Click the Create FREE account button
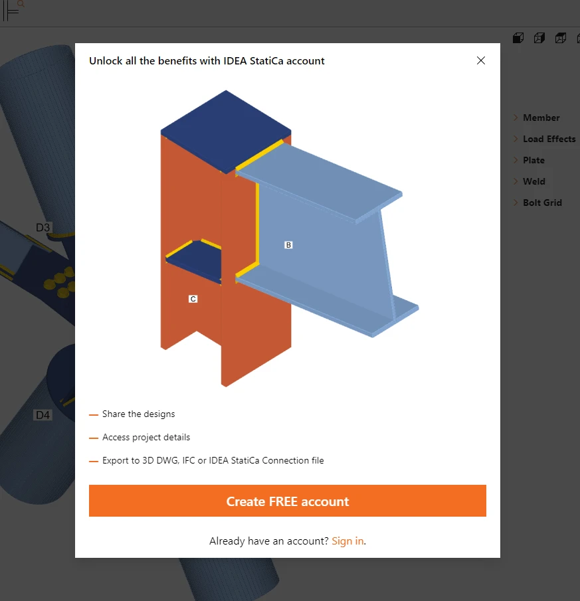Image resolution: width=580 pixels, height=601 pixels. tap(288, 501)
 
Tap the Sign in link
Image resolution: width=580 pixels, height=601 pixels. tap(347, 541)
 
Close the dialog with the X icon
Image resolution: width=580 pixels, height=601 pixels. tap(481, 60)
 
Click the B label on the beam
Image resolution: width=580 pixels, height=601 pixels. tap(288, 245)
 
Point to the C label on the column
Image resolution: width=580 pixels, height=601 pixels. tap(193, 299)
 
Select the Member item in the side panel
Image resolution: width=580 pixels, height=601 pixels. tap(541, 118)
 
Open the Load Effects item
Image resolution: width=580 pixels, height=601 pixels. tap(549, 139)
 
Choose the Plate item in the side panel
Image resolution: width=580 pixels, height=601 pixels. tap(533, 160)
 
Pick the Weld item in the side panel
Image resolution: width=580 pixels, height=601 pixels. tap(533, 181)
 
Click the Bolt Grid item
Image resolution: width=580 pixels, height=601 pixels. tap(542, 203)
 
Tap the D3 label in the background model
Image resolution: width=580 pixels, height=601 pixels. tap(43, 228)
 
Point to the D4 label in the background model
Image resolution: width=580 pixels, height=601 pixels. tap(43, 415)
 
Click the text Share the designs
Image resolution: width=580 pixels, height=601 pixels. tap(138, 414)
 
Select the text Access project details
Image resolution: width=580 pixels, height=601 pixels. tap(146, 438)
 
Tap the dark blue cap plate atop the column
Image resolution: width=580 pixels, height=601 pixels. tap(226, 130)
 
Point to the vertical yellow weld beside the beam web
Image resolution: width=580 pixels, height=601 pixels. tap(257, 223)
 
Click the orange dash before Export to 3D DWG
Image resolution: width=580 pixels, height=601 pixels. tap(94, 461)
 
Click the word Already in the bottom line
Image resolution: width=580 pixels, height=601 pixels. tap(227, 541)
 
